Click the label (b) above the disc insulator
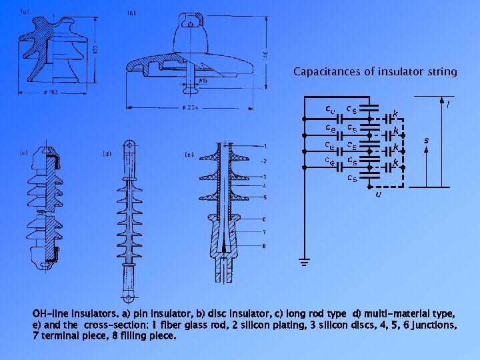[x=133, y=13]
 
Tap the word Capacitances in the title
[x=326, y=71]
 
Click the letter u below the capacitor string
[x=378, y=195]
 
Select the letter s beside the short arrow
[x=426, y=140]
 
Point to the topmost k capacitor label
[x=395, y=113]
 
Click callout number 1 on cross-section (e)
[x=265, y=146]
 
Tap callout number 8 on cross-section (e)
[x=265, y=245]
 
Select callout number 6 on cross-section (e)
[x=265, y=219]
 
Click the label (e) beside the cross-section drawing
[x=189, y=154]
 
